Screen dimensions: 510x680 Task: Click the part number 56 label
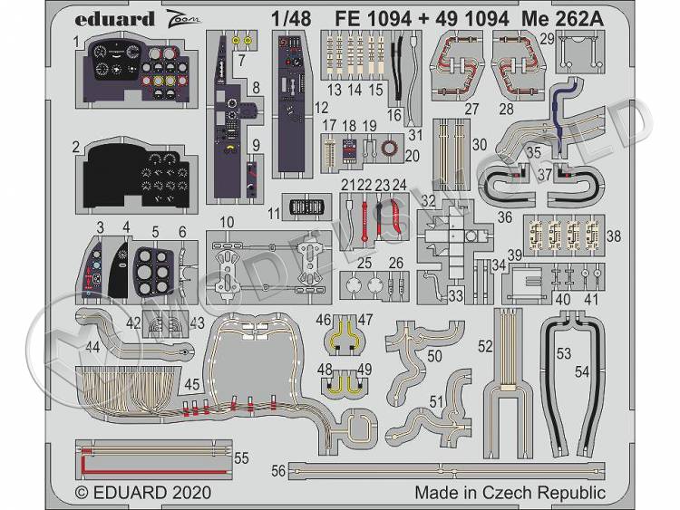coord(278,469)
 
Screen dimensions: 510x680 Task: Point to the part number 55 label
coord(241,459)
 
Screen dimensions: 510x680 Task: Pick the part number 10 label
coord(227,222)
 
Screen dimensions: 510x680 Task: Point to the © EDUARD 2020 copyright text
coord(142,493)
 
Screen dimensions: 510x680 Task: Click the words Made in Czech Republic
coord(510,493)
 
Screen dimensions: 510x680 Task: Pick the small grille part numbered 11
coord(305,207)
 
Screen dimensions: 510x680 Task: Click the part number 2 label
coord(78,146)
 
